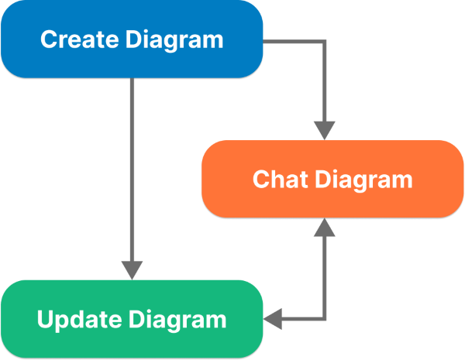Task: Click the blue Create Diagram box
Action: pyautogui.click(x=132, y=39)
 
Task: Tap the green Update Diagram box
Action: pyautogui.click(x=132, y=319)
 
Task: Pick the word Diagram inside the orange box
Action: pyautogui.click(x=366, y=180)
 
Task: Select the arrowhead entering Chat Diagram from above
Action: pyautogui.click(x=325, y=129)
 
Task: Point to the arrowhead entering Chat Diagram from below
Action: pyautogui.click(x=325, y=228)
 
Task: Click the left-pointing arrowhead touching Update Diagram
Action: pyautogui.click(x=274, y=318)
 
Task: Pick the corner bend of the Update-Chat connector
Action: pyautogui.click(x=325, y=318)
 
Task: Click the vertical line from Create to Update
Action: pyautogui.click(x=133, y=170)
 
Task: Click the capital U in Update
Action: pyautogui.click(x=44, y=319)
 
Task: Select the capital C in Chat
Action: pyautogui.click(x=260, y=180)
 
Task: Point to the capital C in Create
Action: pyautogui.click(x=47, y=39)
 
